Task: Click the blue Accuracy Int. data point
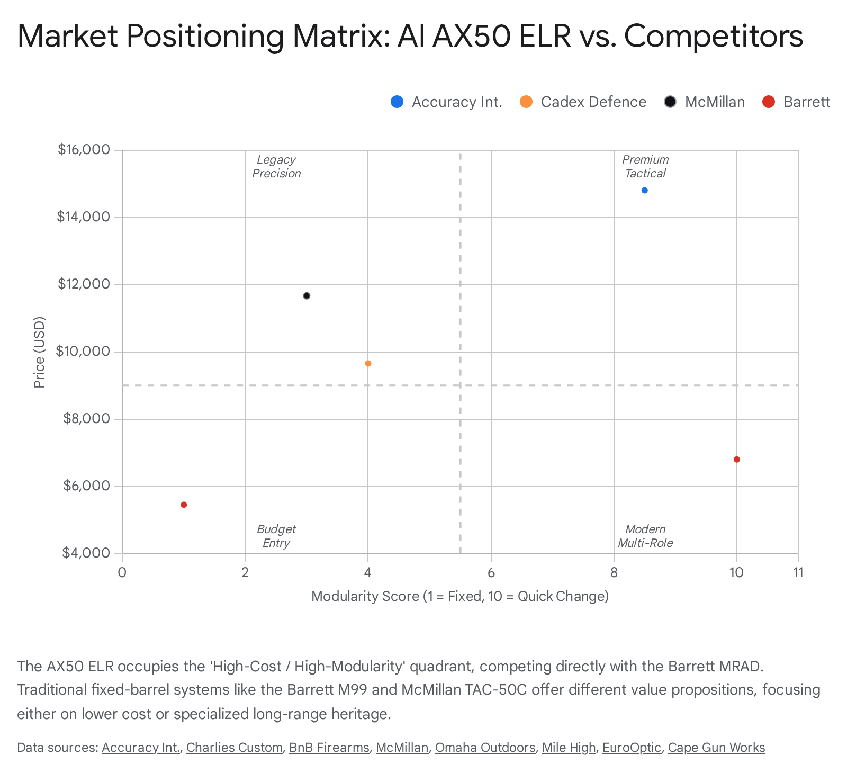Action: pos(644,191)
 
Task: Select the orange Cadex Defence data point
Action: pos(368,364)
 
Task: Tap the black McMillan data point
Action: pos(307,296)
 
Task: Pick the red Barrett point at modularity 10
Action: pos(736,460)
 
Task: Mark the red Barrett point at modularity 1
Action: pos(184,505)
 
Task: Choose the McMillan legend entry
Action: pos(705,102)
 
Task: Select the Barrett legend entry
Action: pos(796,102)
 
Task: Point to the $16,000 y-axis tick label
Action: pos(84,150)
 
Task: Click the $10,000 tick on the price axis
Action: pos(84,352)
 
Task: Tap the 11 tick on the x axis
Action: pos(798,572)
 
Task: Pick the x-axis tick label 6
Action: pos(491,572)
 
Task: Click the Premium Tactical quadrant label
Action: pos(645,167)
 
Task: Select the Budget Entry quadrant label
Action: pos(276,536)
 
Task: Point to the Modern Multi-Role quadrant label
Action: pos(645,536)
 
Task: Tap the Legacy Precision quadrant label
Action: pos(276,167)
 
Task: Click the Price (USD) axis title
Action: pos(39,352)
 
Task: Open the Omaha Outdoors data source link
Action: pos(485,748)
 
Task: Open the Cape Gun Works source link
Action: pos(716,748)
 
